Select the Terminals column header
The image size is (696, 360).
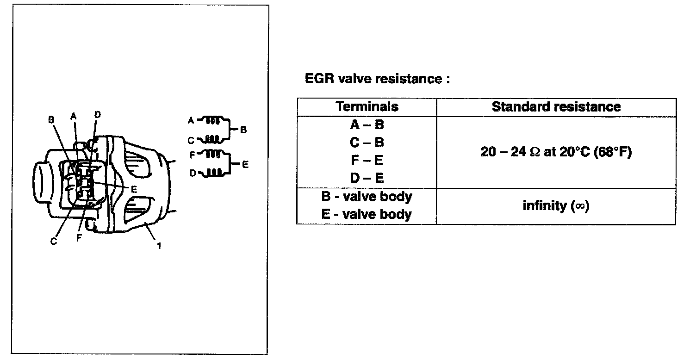point(367,107)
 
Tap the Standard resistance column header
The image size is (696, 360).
point(556,107)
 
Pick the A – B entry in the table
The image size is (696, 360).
point(367,125)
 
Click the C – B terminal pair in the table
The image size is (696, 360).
point(367,143)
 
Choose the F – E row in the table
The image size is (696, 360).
point(367,160)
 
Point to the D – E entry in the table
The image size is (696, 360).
point(367,178)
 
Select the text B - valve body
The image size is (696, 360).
point(367,197)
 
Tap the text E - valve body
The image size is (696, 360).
point(367,214)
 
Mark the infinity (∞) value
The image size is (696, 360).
point(556,205)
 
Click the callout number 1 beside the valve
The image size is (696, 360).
point(159,246)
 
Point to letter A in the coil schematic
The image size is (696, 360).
point(190,120)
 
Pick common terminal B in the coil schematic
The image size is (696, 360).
point(243,130)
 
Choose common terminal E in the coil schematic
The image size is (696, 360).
point(245,164)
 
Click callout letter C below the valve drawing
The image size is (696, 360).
point(54,242)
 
